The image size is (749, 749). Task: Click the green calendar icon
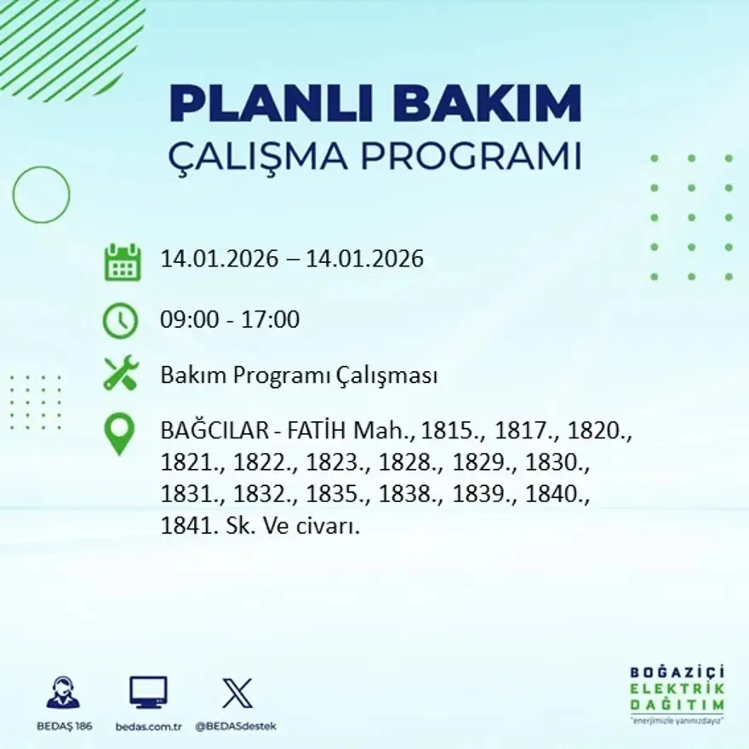point(122,262)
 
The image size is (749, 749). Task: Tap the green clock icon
point(120,321)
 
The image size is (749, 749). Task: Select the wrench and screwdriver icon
point(120,374)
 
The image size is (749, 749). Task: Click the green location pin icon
point(119,433)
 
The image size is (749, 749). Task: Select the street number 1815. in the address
point(452,431)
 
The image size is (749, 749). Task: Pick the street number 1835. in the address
point(329,495)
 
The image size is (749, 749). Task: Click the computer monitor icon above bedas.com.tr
point(148,692)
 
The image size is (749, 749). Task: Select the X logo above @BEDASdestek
point(237,692)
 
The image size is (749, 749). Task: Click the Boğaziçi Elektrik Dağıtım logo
point(677,694)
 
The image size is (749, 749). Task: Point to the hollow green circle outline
point(41,195)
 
